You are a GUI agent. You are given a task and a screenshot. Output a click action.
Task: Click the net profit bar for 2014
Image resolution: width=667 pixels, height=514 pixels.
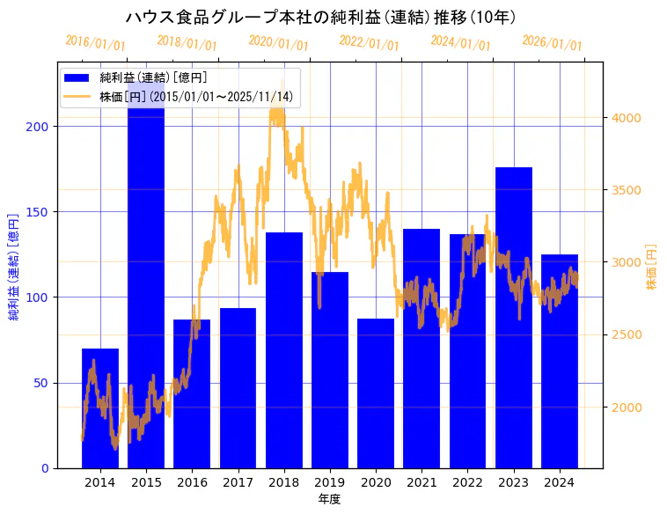(100, 408)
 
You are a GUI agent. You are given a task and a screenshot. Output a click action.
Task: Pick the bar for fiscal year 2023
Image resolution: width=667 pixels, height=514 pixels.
(514, 317)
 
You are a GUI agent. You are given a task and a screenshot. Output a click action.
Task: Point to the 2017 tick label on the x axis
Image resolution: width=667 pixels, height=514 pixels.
(238, 482)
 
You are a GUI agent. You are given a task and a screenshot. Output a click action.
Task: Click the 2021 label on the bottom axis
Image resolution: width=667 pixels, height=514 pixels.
(421, 482)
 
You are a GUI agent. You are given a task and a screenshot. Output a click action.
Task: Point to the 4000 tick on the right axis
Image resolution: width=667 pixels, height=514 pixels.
(627, 118)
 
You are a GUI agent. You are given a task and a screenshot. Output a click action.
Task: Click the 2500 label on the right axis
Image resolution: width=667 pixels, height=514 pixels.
(627, 334)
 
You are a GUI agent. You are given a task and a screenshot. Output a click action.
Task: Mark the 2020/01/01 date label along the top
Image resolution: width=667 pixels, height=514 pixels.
(278, 42)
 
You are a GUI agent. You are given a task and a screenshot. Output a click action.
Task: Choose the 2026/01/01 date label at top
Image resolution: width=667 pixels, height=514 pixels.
(552, 42)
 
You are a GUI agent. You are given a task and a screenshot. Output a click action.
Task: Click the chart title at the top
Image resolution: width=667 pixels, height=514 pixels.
(321, 18)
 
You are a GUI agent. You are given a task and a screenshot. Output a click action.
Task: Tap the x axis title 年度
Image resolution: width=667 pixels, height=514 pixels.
(329, 499)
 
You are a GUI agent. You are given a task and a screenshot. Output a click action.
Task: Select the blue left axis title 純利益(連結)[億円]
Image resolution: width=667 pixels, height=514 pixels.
(14, 266)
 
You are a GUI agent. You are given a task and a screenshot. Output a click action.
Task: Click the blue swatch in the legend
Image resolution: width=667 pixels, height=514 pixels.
(77, 78)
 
